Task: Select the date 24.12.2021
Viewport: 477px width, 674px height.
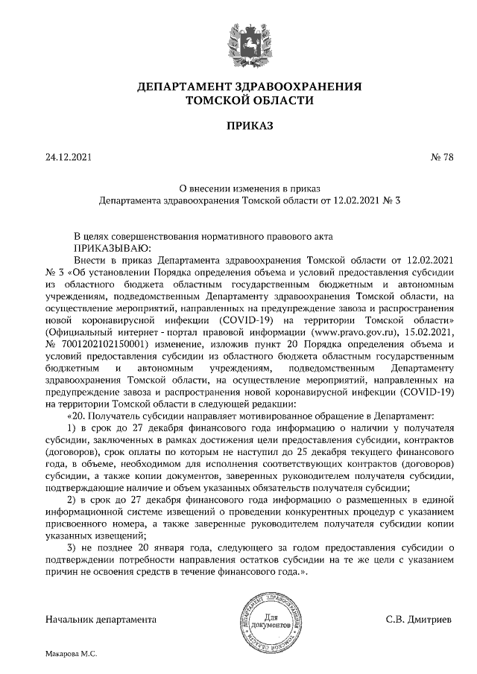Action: [x=68, y=157]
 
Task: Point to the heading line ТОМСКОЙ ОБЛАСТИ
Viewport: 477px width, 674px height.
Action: [x=239, y=100]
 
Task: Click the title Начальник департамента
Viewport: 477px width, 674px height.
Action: [x=101, y=619]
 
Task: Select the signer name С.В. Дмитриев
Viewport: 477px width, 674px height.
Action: [x=418, y=619]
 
